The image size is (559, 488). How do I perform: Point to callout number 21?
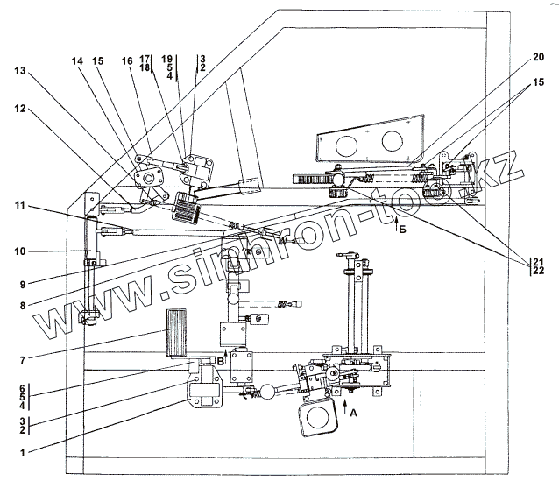coord(537,261)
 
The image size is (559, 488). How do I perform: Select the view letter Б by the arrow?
coord(401,229)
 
